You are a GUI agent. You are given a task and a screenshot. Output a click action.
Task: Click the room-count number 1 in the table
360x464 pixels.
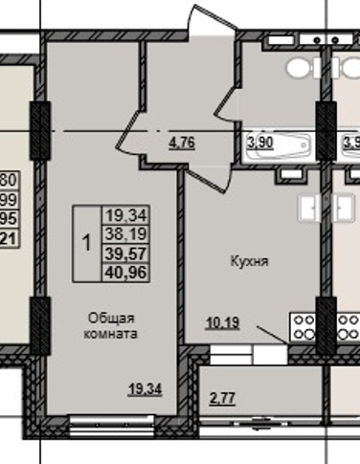click(86, 243)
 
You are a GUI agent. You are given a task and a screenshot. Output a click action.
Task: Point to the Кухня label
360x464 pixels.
click(248, 260)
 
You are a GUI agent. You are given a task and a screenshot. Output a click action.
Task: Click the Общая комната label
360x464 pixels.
click(112, 326)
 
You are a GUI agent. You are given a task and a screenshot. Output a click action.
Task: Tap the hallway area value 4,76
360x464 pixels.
click(182, 145)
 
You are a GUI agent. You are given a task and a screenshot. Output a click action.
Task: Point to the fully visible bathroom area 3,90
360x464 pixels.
click(259, 143)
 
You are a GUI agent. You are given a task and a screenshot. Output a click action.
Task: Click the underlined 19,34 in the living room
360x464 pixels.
click(145, 387)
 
